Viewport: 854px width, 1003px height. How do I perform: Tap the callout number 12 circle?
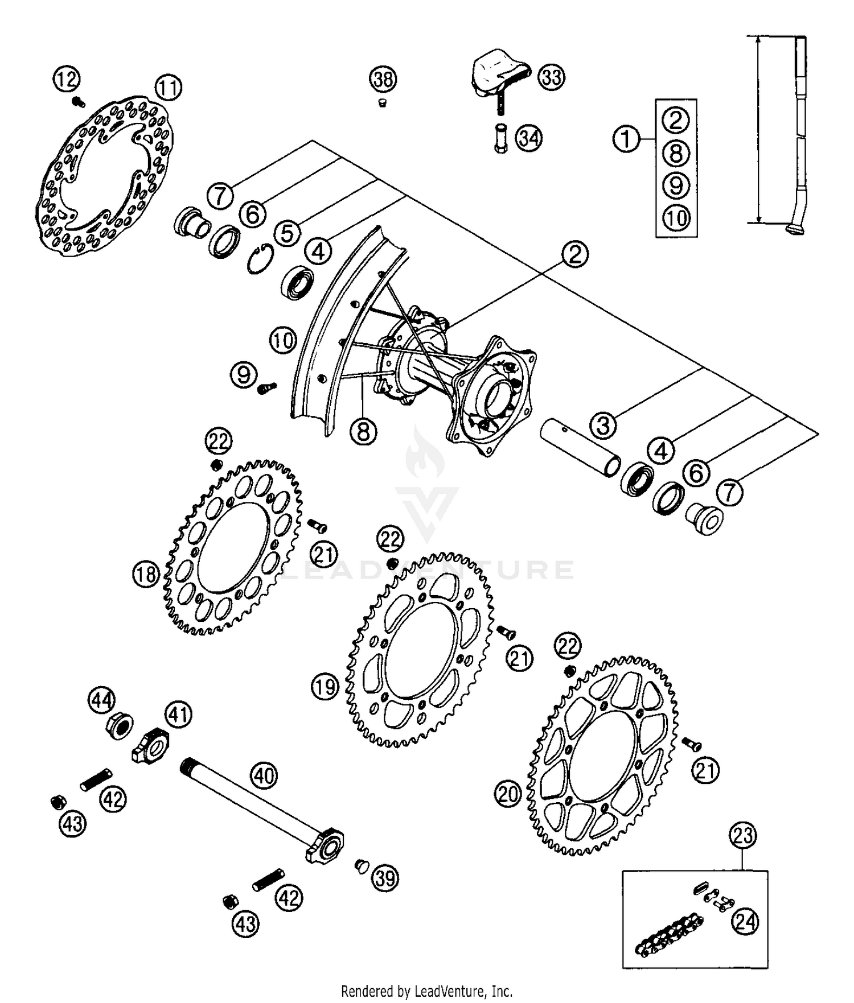(x=67, y=79)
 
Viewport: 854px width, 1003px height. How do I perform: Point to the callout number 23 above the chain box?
(x=743, y=835)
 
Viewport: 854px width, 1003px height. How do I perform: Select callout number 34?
(x=529, y=138)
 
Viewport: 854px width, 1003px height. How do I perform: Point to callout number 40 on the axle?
(x=265, y=775)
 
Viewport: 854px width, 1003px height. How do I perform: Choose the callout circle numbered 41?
(x=179, y=715)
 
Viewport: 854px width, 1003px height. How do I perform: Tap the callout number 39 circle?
(x=385, y=878)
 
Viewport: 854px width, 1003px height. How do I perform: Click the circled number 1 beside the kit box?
(x=626, y=138)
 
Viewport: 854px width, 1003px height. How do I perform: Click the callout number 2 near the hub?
(x=575, y=254)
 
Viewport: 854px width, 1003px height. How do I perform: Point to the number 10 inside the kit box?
(x=676, y=217)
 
